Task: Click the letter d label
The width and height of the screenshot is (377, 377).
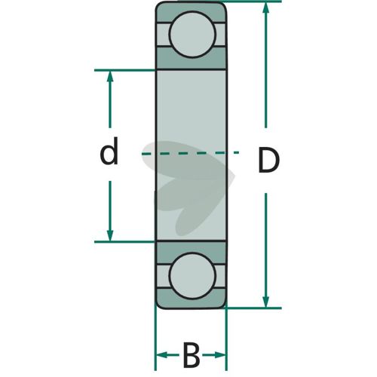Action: pyautogui.click(x=109, y=151)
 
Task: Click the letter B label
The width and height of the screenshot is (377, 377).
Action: pyautogui.click(x=192, y=355)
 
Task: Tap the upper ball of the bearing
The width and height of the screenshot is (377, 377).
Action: pyautogui.click(x=192, y=35)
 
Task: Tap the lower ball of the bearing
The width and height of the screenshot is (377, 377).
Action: pyautogui.click(x=192, y=276)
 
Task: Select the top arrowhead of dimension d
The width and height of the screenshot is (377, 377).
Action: pyautogui.click(x=110, y=76)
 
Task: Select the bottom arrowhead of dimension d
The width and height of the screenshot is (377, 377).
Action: pyautogui.click(x=110, y=235)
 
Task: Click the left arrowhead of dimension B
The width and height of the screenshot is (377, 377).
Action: pyautogui.click(x=162, y=355)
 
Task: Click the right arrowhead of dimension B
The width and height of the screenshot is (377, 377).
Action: pyautogui.click(x=219, y=355)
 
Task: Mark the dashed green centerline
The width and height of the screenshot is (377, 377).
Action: pyautogui.click(x=190, y=153)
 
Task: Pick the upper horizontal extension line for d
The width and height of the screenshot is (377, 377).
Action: pyautogui.click(x=125, y=70)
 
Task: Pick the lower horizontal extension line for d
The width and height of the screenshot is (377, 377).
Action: pyautogui.click(x=125, y=242)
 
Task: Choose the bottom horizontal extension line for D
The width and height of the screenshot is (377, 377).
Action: pyautogui.click(x=253, y=308)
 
